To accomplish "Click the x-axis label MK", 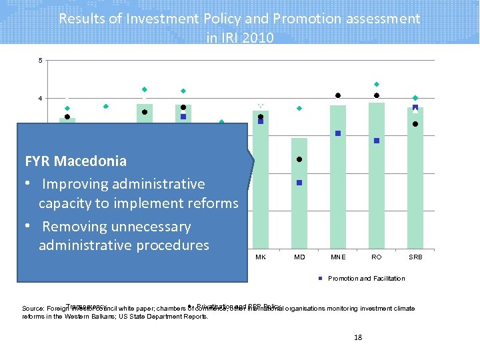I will click(x=261, y=257).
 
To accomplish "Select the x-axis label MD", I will click(x=299, y=257).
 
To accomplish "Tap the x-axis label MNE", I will click(x=338, y=257).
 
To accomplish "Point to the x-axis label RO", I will click(x=377, y=257).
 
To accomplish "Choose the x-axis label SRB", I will click(x=415, y=257).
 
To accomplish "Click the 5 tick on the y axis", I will click(x=40, y=61).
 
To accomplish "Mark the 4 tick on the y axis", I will click(x=40, y=99).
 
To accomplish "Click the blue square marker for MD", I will click(x=299, y=183).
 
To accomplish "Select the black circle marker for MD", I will click(x=299, y=159).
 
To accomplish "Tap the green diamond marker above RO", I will click(x=377, y=84).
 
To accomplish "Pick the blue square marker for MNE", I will click(x=338, y=133).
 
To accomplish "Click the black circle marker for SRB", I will click(x=415, y=124).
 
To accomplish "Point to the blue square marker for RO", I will click(x=377, y=141).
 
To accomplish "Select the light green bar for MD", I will click(x=299, y=200).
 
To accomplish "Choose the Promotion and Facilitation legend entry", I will click(x=366, y=279).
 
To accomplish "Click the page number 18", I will click(x=358, y=337).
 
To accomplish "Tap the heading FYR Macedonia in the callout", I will click(x=75, y=161).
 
